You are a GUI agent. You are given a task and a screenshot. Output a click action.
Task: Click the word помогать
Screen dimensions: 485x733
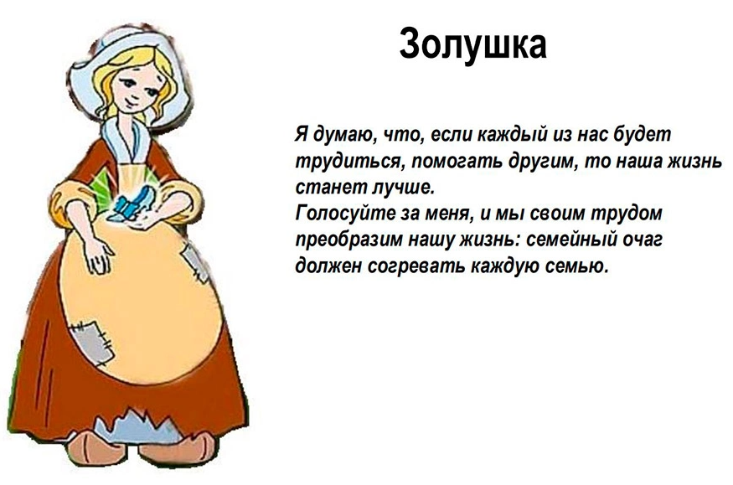coord(453,161)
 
